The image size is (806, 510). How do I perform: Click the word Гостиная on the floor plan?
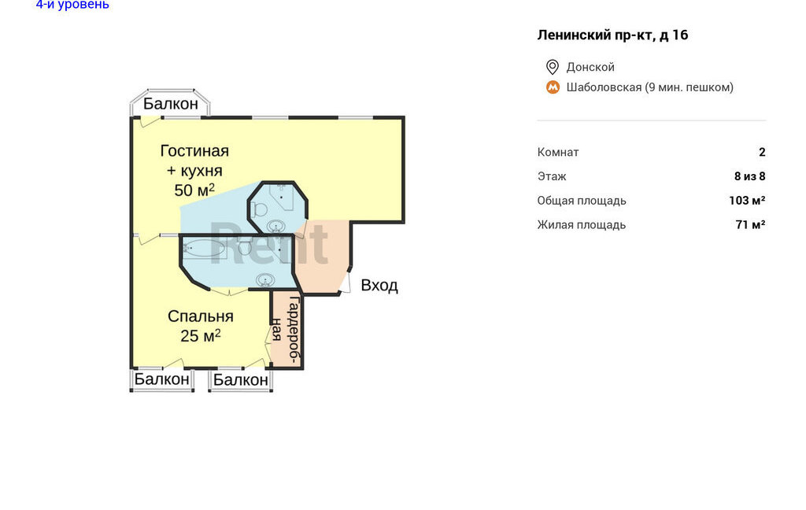[194, 150]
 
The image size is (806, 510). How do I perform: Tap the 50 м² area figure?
[194, 190]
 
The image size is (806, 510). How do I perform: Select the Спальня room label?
[201, 316]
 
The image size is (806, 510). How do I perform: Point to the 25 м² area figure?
[201, 336]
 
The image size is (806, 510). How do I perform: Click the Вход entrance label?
[379, 286]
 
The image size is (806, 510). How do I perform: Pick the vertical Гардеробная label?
[286, 330]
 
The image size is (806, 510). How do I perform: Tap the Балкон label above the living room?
[171, 104]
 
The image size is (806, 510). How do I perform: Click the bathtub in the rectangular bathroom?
[204, 249]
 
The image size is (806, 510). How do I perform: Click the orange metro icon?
[553, 87]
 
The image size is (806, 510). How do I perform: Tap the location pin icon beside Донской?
[553, 67]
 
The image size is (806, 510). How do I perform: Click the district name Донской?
[590, 67]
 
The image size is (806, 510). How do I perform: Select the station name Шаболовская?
[604, 87]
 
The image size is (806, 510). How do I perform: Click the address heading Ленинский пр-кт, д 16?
[612, 35]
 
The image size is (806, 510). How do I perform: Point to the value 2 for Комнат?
[762, 152]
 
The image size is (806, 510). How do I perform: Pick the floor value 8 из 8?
[750, 176]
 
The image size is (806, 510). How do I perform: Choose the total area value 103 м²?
[747, 201]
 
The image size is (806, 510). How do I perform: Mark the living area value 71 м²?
[750, 224]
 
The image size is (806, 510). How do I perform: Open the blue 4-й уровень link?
[72, 5]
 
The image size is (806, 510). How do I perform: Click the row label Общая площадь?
[582, 201]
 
